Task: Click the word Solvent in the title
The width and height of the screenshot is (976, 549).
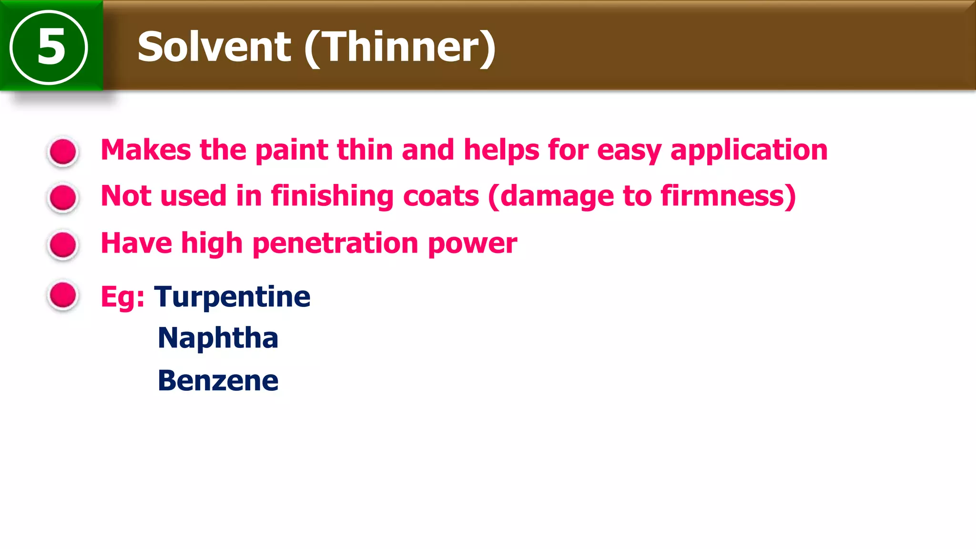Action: [x=214, y=47]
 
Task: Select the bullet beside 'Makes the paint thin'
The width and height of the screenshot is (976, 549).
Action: [x=63, y=152]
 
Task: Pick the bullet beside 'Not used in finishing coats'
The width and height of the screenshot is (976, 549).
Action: [x=63, y=197]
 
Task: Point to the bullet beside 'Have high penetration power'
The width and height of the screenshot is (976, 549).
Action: [x=63, y=245]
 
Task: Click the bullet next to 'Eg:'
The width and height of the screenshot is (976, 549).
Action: [x=63, y=295]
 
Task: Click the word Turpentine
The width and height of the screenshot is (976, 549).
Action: [x=232, y=297]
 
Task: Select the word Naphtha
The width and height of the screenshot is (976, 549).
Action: [x=218, y=338]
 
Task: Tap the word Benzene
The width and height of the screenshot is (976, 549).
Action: [x=218, y=381]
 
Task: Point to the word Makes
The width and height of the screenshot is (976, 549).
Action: [x=146, y=150]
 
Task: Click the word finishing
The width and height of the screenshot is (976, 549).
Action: [x=332, y=196]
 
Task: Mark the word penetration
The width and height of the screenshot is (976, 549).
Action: [x=335, y=244]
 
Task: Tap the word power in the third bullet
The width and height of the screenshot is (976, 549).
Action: [x=472, y=244]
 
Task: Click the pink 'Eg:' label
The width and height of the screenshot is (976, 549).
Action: [x=122, y=297]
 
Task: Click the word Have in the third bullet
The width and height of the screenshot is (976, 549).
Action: [x=136, y=243]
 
